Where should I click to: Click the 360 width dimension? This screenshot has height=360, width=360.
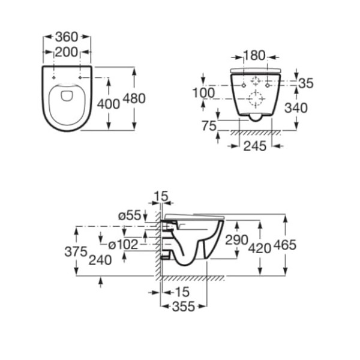(67, 37)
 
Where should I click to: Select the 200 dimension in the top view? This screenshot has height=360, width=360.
(67, 52)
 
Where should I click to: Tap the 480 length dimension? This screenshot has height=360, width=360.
(134, 98)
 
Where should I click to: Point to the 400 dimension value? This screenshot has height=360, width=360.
(109, 104)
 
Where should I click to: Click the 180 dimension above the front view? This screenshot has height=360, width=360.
(254, 56)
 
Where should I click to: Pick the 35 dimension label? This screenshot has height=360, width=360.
(306, 83)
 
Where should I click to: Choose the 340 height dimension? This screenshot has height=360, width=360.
(296, 107)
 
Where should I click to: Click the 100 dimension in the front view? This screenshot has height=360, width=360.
(203, 93)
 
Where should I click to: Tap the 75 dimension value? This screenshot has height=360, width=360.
(209, 126)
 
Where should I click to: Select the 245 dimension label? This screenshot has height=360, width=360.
(255, 146)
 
